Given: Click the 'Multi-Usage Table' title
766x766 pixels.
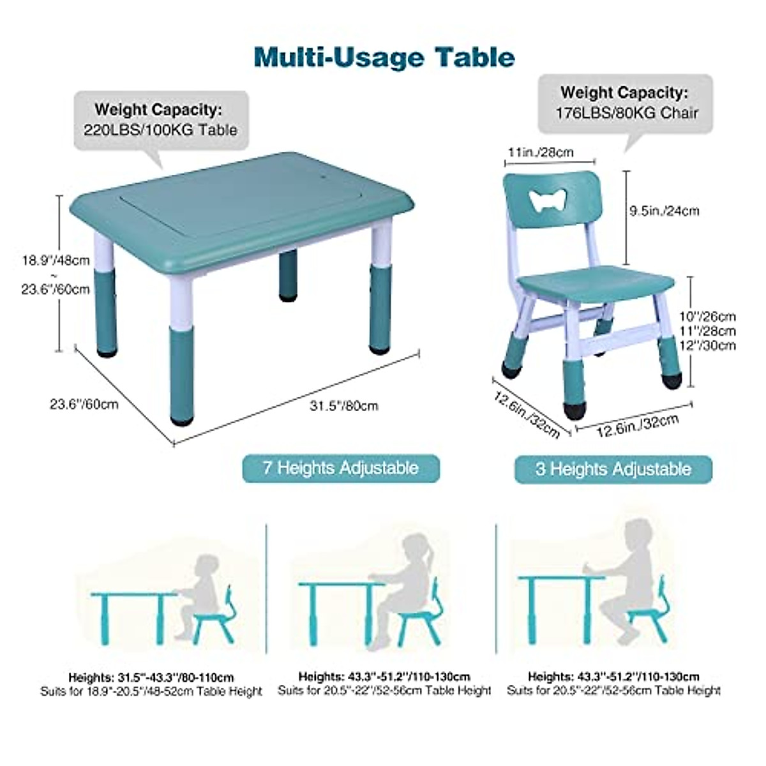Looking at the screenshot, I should [384, 57].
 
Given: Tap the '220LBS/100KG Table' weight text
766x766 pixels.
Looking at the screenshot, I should [160, 130].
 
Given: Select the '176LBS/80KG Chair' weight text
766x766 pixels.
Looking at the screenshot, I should [625, 113].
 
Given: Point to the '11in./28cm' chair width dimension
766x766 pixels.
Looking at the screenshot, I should [540, 152].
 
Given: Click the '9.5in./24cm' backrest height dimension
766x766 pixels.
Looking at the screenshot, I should [664, 211].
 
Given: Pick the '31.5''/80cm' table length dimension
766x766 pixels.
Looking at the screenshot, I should [344, 406].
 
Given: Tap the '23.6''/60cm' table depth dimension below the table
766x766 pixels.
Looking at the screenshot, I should [84, 403].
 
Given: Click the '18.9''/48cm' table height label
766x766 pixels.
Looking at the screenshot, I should [56, 260].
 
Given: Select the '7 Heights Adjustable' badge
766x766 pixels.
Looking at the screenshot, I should [341, 468].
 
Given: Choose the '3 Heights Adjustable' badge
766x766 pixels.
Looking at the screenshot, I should [613, 469].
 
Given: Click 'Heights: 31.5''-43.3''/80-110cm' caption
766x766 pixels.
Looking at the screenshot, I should [151, 677].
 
